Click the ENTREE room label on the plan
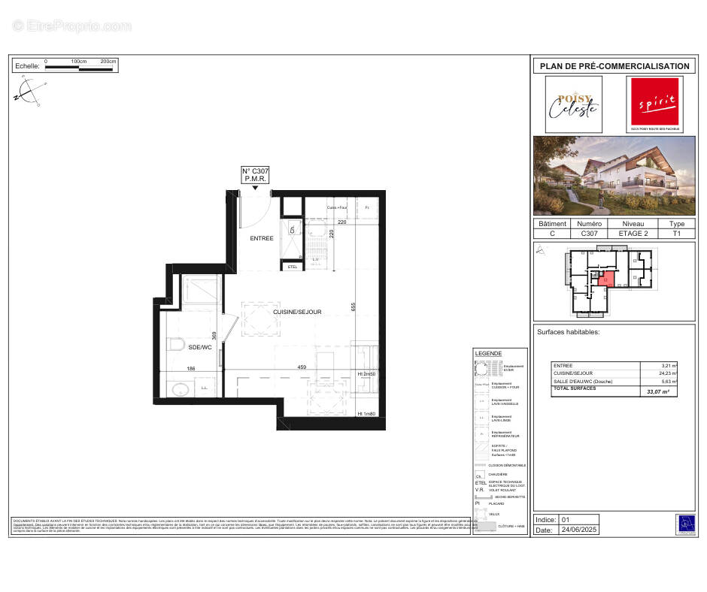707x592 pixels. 262,238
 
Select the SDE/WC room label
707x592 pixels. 200,347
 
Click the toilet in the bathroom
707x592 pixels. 176,345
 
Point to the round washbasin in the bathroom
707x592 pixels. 180,389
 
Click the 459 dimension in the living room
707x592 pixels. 302,367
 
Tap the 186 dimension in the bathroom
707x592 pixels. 191,369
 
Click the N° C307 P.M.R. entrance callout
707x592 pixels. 255,175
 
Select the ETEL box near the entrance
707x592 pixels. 293,266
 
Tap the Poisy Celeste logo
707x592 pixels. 573,104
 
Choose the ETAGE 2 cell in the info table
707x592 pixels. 633,234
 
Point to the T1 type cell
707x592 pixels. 677,234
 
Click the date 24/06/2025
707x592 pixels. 578,530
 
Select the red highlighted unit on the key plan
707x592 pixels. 607,279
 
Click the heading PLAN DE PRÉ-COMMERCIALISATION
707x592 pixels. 614,66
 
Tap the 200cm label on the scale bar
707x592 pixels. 108,60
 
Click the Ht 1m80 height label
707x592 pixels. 366,414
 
